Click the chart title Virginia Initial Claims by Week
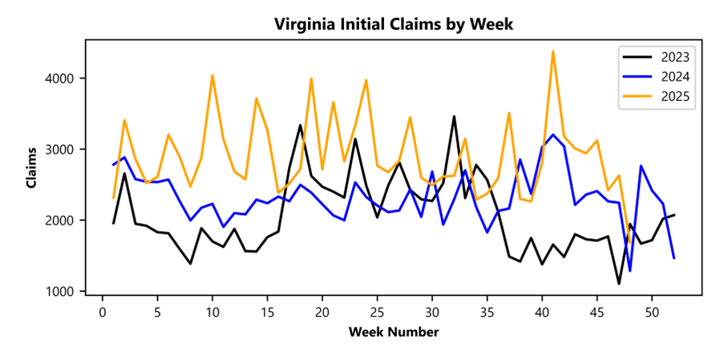tap(393, 24)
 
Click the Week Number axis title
tap(393, 331)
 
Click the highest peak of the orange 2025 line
tap(553, 51)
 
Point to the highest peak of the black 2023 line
tap(454, 116)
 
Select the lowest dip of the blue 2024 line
tap(630, 271)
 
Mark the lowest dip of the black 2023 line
tap(619, 283)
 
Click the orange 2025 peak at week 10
tap(212, 75)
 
